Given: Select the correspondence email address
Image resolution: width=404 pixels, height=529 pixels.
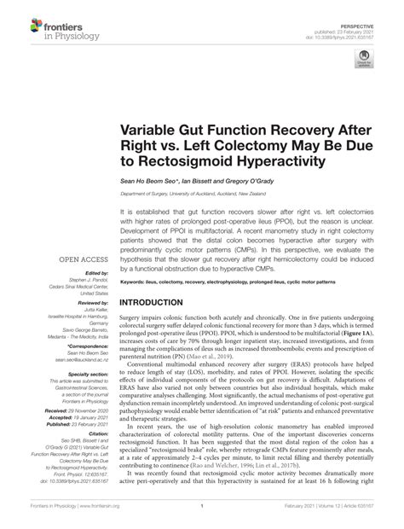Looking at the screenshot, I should (78, 360).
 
